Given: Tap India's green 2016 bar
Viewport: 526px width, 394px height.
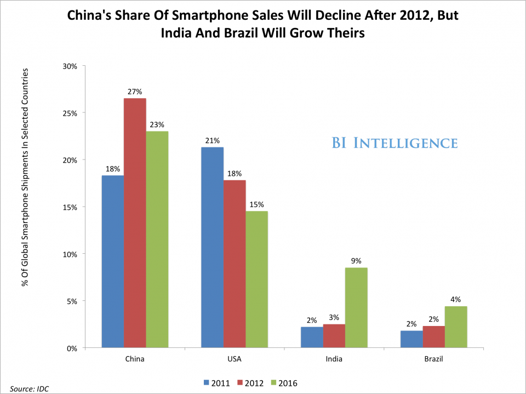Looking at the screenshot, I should pos(356,307).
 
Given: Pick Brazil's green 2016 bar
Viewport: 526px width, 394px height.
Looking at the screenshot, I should pos(456,327).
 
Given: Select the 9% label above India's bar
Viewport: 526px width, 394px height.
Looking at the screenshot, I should pos(356,261).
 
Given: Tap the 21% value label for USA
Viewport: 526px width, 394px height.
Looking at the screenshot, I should pos(212,141).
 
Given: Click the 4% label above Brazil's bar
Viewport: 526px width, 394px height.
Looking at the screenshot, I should pos(456,300).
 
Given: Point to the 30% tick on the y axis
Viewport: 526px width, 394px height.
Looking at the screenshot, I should pos(72,66).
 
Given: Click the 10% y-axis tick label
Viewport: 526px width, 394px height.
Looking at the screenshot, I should pos(72,254).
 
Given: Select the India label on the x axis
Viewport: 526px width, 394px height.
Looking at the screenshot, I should pos(334,360).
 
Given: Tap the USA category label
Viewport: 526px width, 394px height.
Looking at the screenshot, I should pos(234,360).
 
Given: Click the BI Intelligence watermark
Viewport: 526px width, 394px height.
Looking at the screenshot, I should pos(395,144).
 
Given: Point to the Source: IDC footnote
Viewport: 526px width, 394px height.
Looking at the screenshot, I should pos(25,389).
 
